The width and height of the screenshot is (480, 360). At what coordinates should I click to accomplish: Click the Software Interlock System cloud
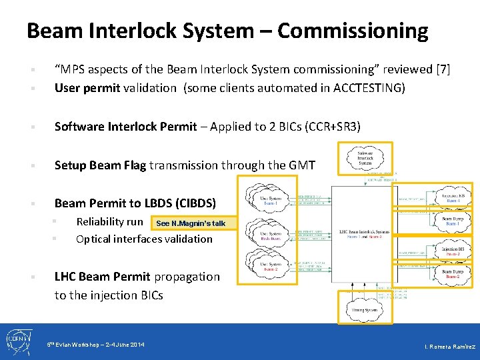coord(365,158)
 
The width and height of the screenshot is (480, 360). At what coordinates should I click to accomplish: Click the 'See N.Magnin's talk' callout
coord(191,223)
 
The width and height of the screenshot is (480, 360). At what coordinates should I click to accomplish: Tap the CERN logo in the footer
coord(17,341)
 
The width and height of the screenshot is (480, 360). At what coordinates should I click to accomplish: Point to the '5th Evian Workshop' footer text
coord(95,344)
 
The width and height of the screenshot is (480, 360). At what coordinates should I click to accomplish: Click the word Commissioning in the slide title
coord(353,31)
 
